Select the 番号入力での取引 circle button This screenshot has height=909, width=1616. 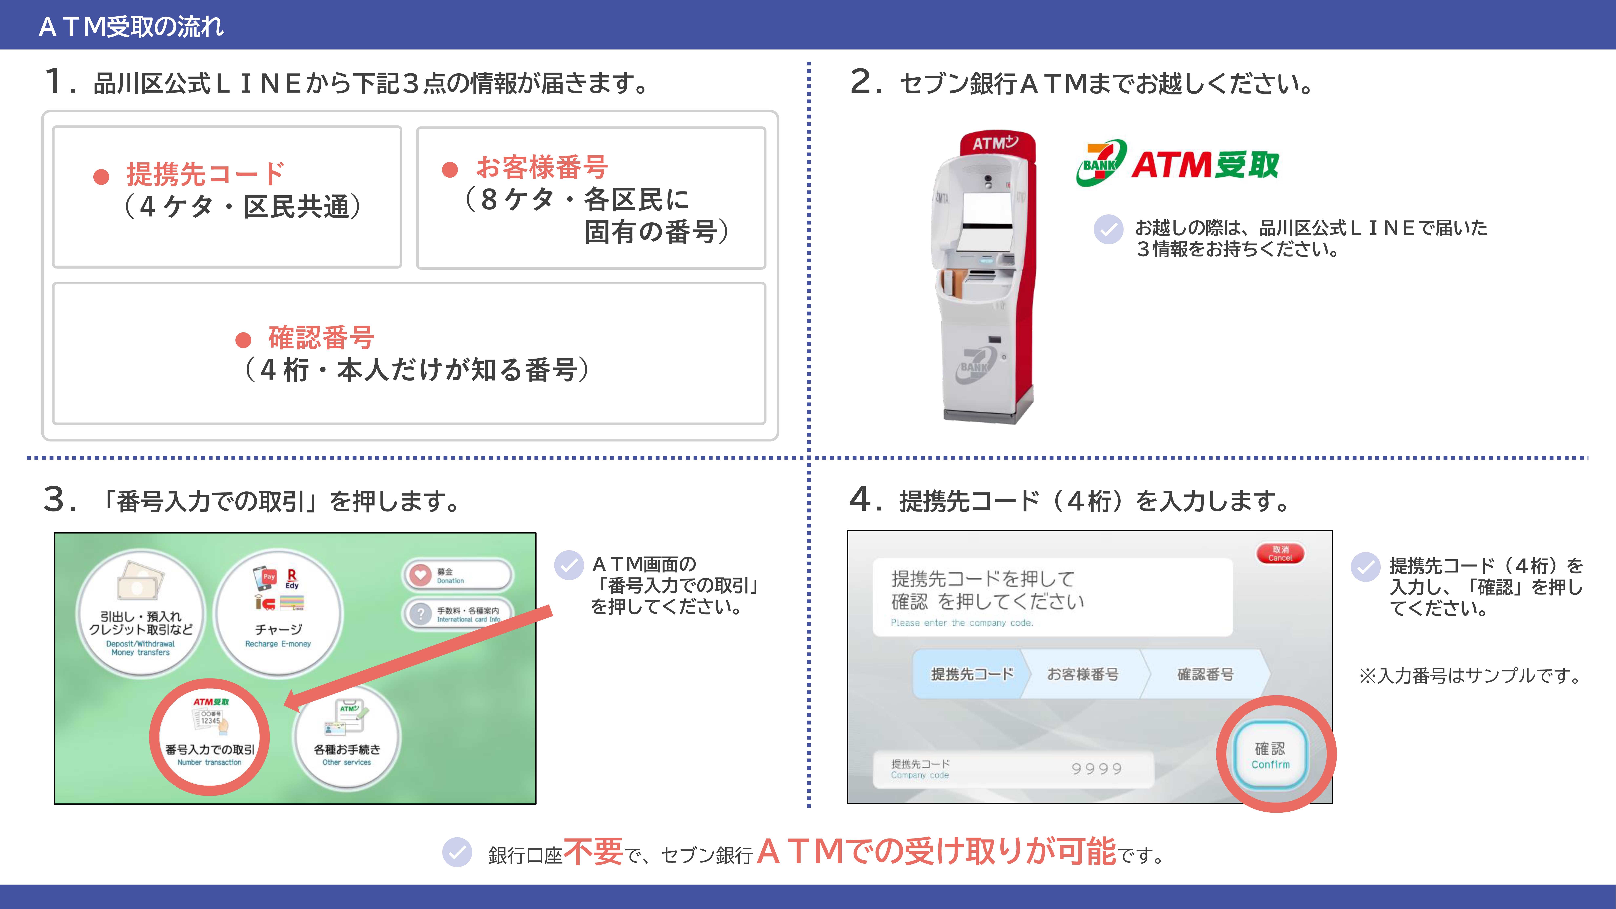click(210, 737)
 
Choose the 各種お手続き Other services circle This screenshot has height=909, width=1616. click(347, 737)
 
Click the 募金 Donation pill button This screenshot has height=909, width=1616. click(457, 575)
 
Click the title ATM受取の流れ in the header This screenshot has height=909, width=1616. click(131, 26)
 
